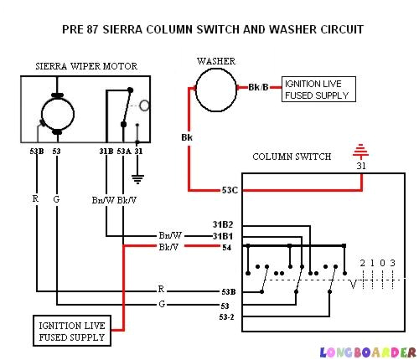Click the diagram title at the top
(x=213, y=29)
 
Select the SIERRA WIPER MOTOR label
(x=86, y=66)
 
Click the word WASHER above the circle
(x=215, y=61)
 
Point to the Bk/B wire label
(x=259, y=87)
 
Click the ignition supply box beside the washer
(x=318, y=90)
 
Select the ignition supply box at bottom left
(x=71, y=331)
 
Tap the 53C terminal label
(x=230, y=190)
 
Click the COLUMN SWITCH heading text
(x=292, y=157)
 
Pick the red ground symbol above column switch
(x=362, y=152)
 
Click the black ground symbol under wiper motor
(x=138, y=177)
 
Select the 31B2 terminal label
(x=222, y=225)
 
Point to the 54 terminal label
(x=225, y=248)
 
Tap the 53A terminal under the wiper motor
(x=123, y=152)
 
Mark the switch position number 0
(x=381, y=264)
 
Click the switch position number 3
(x=392, y=264)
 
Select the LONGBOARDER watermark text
(x=367, y=352)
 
